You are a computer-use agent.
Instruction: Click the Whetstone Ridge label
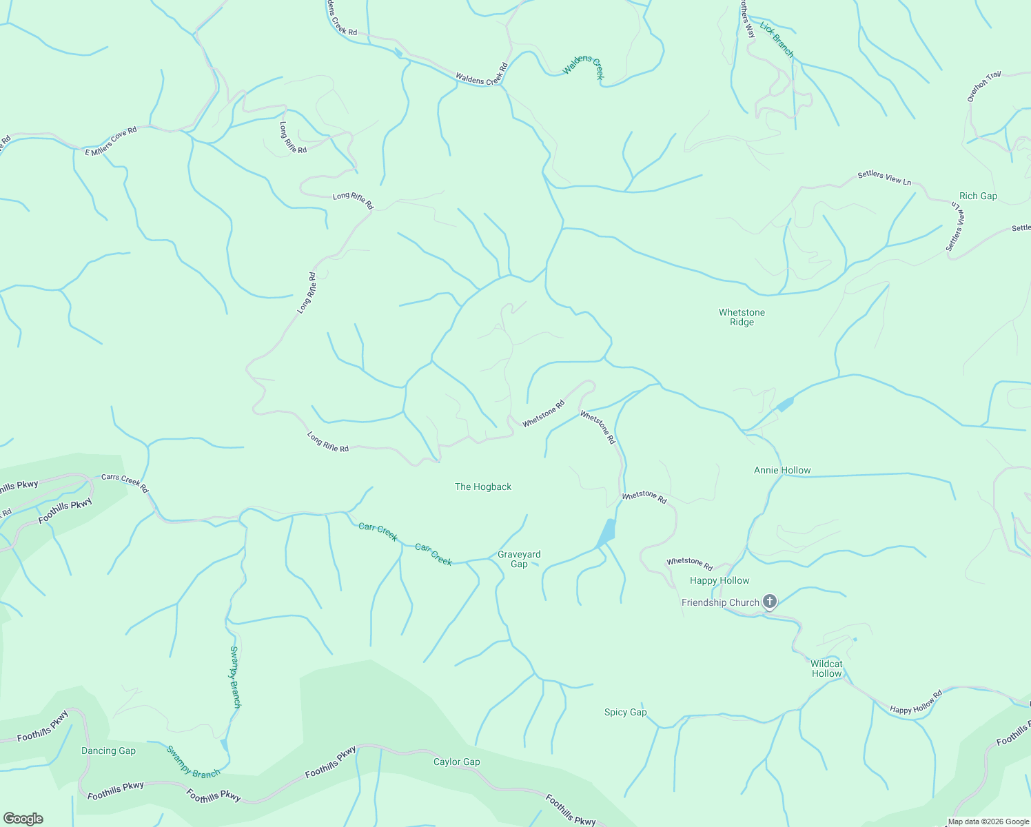[742, 317]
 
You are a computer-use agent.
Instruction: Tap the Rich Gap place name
[978, 196]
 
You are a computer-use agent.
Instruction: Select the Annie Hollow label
[782, 470]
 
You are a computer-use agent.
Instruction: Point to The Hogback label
[483, 487]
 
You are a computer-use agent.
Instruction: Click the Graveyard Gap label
[519, 559]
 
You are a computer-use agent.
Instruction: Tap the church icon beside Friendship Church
[770, 602]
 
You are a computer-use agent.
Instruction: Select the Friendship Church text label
[719, 602]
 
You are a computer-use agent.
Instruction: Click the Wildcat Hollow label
[826, 669]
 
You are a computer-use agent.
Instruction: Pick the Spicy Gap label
[625, 712]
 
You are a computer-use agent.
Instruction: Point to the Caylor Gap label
[456, 762]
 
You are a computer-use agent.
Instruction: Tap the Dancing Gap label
[108, 751]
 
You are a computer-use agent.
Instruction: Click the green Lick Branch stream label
[777, 40]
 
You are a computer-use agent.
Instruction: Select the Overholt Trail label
[983, 87]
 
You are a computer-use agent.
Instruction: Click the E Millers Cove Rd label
[111, 141]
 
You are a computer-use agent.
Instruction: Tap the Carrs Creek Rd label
[125, 482]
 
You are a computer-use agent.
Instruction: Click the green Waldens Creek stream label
[584, 67]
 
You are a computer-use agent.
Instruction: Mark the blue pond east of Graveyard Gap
[606, 533]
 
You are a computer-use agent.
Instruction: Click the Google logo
[23, 819]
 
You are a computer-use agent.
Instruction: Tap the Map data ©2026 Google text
[988, 821]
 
